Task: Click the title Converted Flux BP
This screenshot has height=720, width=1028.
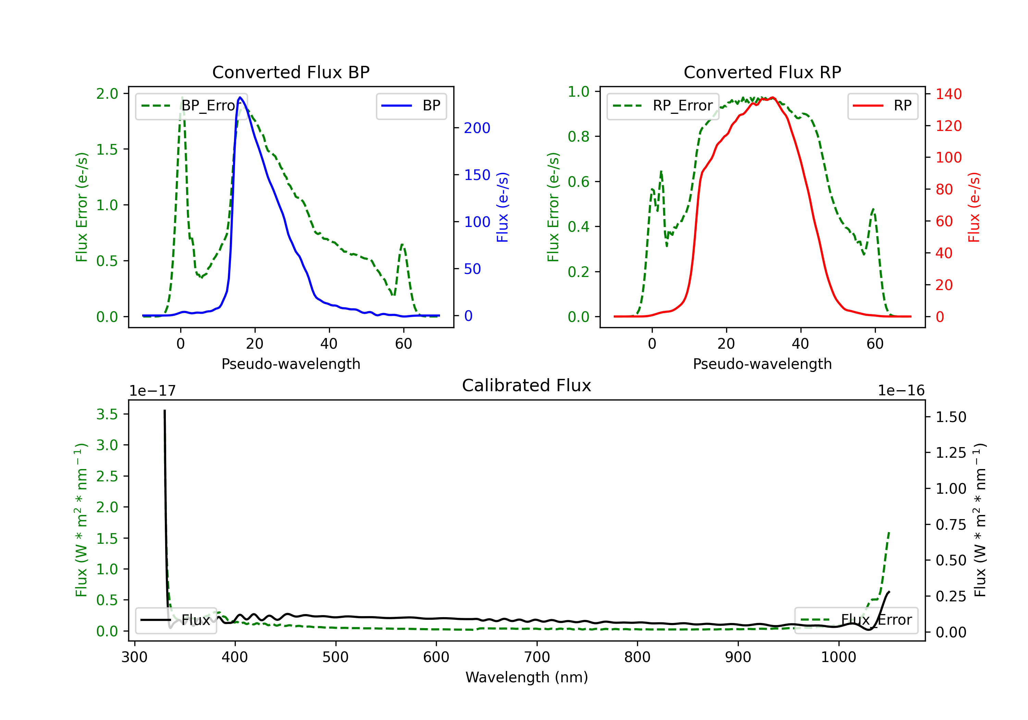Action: [291, 72]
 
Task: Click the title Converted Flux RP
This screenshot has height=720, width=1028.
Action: [762, 72]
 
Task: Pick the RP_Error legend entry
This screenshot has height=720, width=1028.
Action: [663, 106]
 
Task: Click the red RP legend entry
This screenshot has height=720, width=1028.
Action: [882, 106]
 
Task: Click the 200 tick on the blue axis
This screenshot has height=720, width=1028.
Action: [477, 128]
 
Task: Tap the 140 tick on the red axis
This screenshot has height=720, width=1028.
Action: [948, 94]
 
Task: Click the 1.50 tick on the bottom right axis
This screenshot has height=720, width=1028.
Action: [951, 417]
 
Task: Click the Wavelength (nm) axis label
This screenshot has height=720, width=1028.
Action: [527, 677]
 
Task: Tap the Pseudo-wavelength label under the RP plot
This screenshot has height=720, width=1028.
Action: [762, 364]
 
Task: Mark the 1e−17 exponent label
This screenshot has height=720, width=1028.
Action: [152, 391]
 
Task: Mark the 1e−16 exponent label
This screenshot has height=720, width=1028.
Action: [901, 391]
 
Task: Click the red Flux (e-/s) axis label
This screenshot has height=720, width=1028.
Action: [974, 207]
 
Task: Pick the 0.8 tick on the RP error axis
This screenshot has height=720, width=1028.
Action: [578, 137]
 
